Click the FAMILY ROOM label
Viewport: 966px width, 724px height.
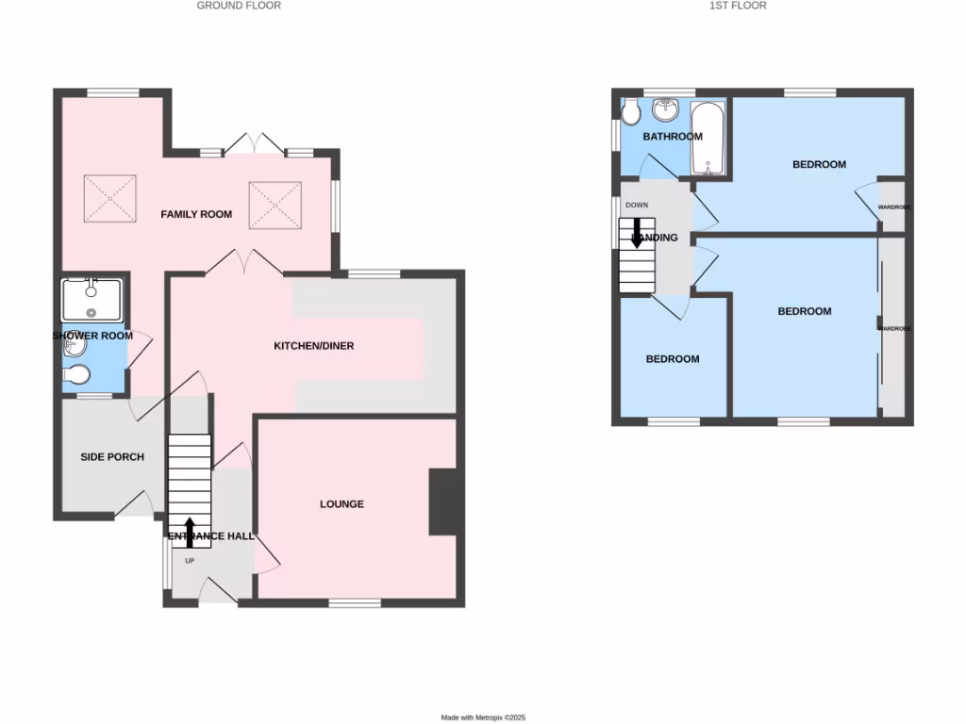tap(196, 214)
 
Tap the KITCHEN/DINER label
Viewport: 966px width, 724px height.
tap(314, 346)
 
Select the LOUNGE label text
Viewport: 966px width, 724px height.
tap(341, 504)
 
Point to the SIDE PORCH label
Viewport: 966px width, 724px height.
tap(112, 457)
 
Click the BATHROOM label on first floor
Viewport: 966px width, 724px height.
tap(673, 137)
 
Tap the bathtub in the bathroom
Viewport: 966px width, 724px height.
tap(708, 140)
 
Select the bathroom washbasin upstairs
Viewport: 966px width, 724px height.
tap(666, 109)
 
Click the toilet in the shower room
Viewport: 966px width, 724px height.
tap(75, 376)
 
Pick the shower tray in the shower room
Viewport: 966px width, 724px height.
tap(92, 301)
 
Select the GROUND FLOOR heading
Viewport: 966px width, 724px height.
tap(239, 6)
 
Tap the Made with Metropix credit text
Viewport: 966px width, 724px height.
tap(483, 717)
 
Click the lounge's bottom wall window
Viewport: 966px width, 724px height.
tap(355, 602)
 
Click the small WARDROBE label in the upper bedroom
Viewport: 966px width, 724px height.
tap(893, 206)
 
